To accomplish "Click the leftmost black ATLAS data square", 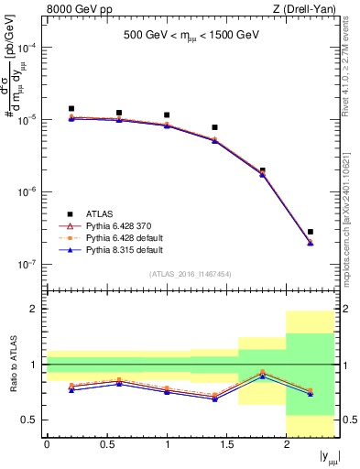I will [71, 108].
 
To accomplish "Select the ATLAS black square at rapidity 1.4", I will [214, 127].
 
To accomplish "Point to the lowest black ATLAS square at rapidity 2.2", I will [311, 232].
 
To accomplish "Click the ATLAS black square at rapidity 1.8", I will [263, 170].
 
